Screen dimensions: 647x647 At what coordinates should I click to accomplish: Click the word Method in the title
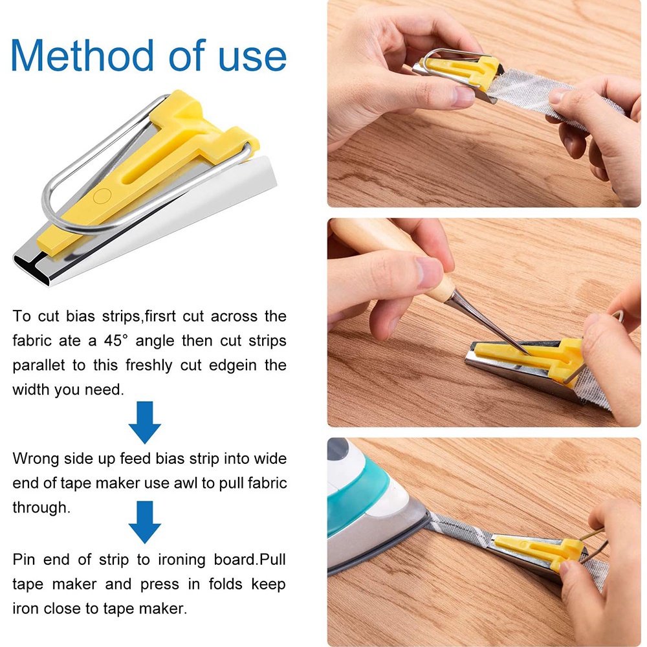(x=83, y=55)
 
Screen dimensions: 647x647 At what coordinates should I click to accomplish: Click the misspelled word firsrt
(x=160, y=316)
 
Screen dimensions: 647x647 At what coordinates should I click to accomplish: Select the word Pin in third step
(x=24, y=560)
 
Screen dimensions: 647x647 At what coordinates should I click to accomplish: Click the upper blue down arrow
(x=144, y=422)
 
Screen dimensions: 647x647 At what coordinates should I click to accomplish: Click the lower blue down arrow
(x=144, y=522)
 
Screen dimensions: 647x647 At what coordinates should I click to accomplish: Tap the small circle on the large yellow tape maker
(x=102, y=196)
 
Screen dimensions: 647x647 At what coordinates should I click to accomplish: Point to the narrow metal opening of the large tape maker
(x=32, y=269)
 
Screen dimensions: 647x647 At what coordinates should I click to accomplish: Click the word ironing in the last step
(x=182, y=560)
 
